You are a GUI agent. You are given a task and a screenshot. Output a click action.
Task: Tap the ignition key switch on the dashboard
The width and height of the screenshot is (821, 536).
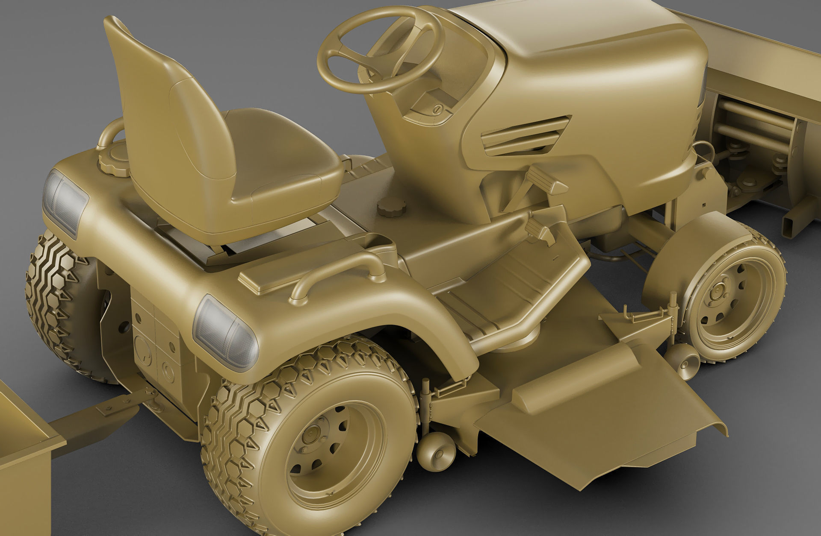click(x=437, y=109)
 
